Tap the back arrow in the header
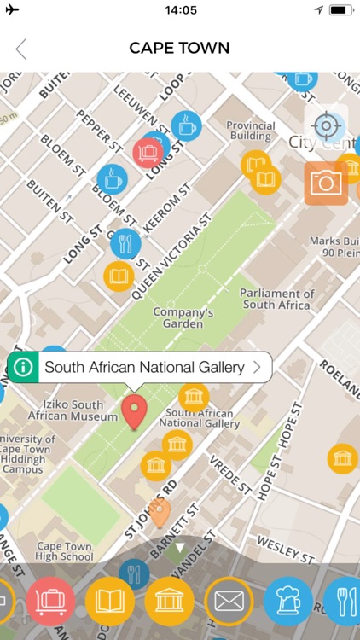tap(20, 49)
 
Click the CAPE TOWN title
tap(179, 49)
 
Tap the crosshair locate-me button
tap(326, 126)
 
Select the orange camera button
tap(326, 183)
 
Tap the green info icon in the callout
tap(24, 368)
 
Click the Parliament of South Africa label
tap(278, 299)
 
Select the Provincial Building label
tap(250, 131)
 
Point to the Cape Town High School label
tap(65, 551)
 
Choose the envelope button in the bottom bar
tap(229, 602)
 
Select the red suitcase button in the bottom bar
tap(51, 602)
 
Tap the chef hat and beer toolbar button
tap(288, 602)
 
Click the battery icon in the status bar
tap(340, 10)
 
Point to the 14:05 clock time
tap(180, 10)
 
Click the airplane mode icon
tap(12, 10)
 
